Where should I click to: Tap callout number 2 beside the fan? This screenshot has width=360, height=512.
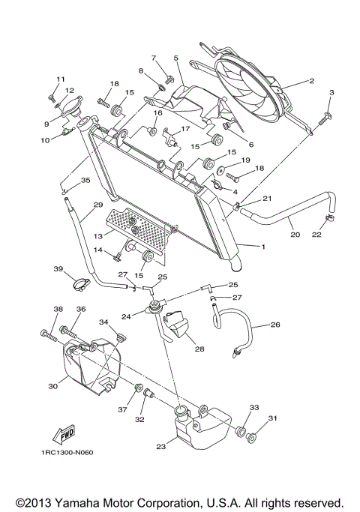(x=310, y=80)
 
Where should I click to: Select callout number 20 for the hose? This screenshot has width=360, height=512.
(x=295, y=235)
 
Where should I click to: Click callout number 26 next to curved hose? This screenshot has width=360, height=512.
(x=276, y=325)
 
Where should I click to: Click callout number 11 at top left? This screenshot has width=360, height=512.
(x=61, y=79)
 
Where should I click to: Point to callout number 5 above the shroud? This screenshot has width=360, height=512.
(x=175, y=57)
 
